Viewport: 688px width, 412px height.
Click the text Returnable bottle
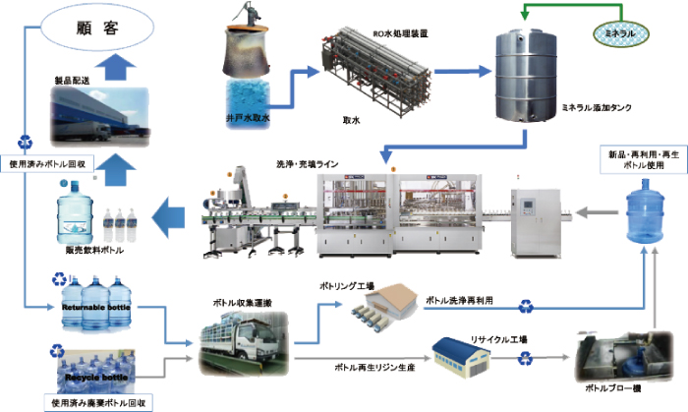97,307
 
